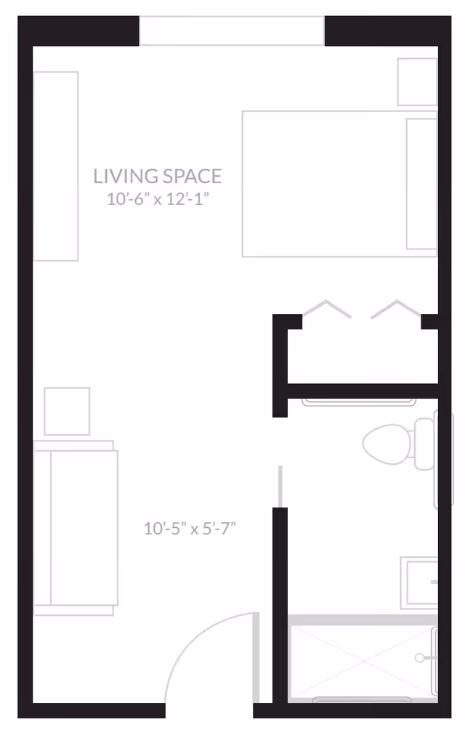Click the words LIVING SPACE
pos(158,176)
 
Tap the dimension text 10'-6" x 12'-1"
pos(158,198)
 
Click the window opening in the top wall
pos(231,31)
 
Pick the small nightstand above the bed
pos(416,81)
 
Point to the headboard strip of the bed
pos(421,184)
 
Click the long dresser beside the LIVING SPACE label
pos(56,166)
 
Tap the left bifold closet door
pos(326,309)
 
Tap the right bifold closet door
pos(396,309)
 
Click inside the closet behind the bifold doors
pos(362,356)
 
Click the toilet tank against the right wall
pos(424,444)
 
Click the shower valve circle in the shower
pos(419,658)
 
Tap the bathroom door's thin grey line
pos(280,486)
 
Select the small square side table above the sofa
pos(67,412)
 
